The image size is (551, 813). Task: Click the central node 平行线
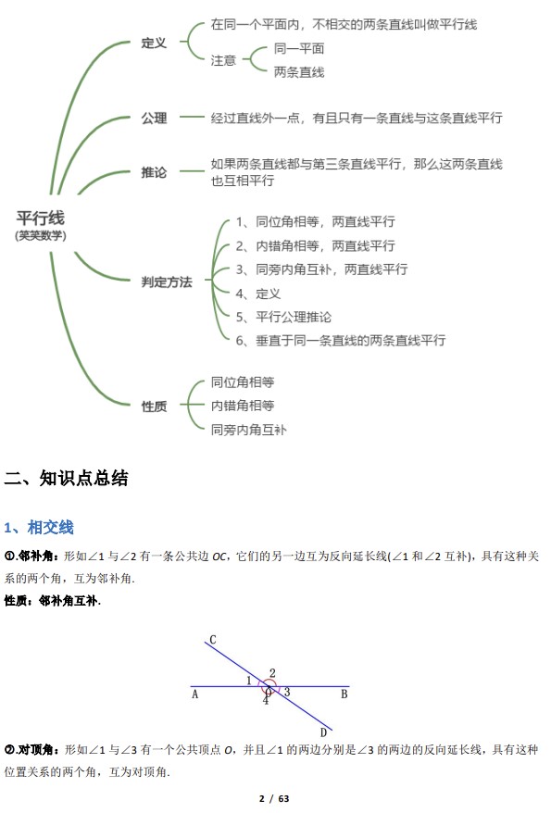(x=41, y=218)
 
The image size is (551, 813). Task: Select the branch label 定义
(x=154, y=43)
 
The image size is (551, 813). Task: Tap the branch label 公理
(x=154, y=119)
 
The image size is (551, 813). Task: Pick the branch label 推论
(x=154, y=172)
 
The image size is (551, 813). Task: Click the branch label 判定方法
(x=167, y=282)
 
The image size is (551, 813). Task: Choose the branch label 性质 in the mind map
(x=154, y=406)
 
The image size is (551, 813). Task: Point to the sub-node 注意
(x=223, y=61)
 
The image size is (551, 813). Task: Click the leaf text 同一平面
(x=299, y=49)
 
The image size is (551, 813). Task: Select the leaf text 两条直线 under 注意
(x=299, y=72)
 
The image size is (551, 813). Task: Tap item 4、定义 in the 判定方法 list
(x=258, y=294)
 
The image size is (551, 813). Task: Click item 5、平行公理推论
(x=283, y=318)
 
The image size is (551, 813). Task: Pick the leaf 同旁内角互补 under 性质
(x=249, y=430)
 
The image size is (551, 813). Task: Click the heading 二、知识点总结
(x=66, y=478)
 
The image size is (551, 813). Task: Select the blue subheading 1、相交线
(x=39, y=527)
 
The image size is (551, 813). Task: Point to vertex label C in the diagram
(x=212, y=640)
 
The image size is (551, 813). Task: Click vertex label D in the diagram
(x=323, y=732)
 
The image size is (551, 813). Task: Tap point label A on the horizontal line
(x=194, y=694)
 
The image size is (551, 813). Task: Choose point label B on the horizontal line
(x=344, y=694)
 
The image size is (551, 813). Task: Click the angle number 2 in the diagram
(x=272, y=673)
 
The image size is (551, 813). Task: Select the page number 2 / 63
(x=274, y=798)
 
